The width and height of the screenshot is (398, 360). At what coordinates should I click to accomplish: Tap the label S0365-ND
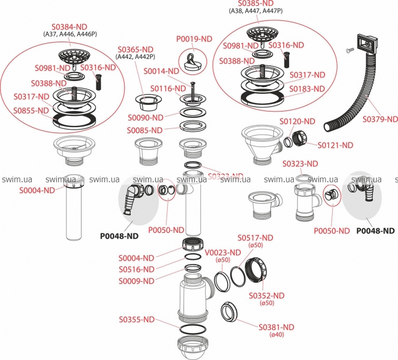tap(134, 49)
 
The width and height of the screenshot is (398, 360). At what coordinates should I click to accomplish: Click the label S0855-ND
tap(31, 110)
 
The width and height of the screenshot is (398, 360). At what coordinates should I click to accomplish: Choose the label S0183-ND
tap(307, 89)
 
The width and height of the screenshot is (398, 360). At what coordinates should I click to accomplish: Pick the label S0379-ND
tap(379, 119)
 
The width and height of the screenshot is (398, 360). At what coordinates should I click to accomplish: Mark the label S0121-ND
tap(335, 145)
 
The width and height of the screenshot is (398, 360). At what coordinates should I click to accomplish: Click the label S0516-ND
tap(136, 269)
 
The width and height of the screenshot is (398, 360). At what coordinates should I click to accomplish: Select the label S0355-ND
tap(140, 319)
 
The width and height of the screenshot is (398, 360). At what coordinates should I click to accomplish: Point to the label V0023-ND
tap(224, 252)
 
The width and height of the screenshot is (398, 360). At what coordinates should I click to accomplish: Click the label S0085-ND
tap(144, 130)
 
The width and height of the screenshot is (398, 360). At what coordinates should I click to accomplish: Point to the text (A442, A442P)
tap(135, 57)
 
